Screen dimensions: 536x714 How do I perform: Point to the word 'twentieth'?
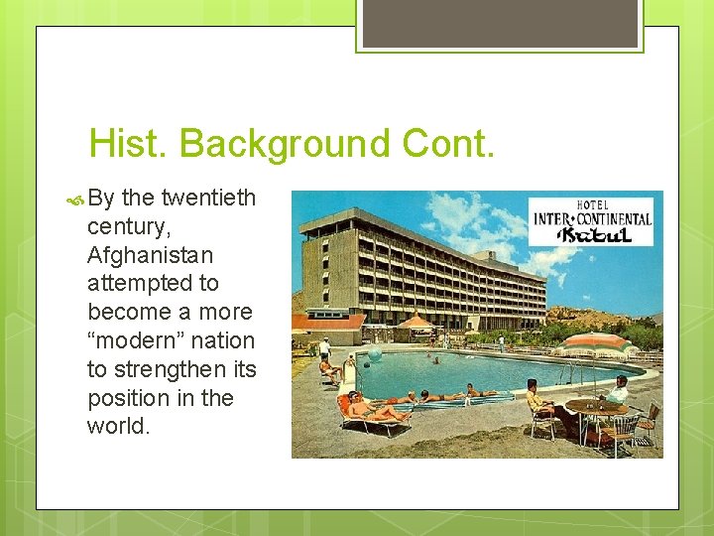coord(208,199)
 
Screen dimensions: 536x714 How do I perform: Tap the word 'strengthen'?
coord(174,369)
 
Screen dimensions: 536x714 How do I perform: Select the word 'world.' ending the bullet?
coord(119,426)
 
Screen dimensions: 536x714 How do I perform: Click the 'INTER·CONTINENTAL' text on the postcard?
coord(592,218)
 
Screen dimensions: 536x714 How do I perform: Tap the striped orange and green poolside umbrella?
coord(595,343)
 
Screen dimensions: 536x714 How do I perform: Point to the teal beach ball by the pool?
coord(375,354)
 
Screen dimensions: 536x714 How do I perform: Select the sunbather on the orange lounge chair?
coord(372,408)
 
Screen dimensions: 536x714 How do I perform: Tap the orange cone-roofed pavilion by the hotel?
coord(416,322)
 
